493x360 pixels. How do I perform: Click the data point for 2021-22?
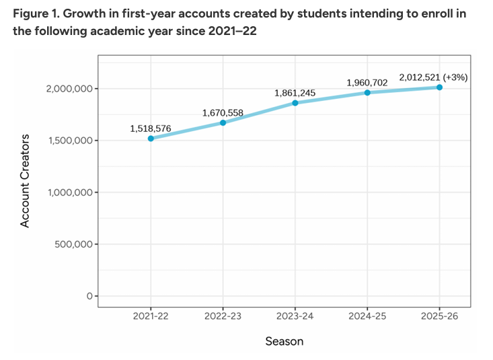[151, 139]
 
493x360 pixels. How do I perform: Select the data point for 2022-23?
[223, 122]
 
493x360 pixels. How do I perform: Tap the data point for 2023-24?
[295, 103]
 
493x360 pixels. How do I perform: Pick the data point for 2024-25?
[367, 92]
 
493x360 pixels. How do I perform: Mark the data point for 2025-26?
[439, 87]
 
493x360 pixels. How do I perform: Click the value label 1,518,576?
[151, 127]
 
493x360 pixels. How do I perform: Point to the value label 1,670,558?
[223, 112]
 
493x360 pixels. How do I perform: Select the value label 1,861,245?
[295, 93]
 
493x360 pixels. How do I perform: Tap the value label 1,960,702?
[367, 82]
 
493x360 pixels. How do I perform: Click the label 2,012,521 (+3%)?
[432, 77]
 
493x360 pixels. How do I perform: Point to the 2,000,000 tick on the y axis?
[69, 89]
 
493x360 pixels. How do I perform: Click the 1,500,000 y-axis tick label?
[69, 141]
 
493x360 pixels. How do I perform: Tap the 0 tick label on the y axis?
[88, 296]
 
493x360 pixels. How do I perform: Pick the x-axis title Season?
[284, 341]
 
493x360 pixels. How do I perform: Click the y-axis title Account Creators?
[26, 181]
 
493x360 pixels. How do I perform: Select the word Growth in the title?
[81, 13]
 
